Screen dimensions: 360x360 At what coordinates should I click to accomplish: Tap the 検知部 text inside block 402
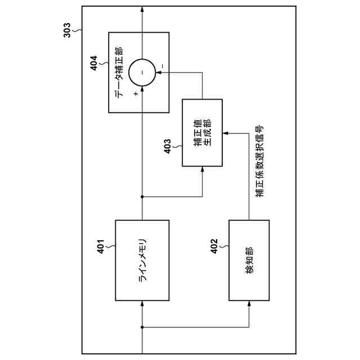[249, 260]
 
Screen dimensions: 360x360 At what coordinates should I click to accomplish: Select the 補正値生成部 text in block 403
[202, 133]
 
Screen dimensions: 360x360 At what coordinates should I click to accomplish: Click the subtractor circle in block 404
[142, 72]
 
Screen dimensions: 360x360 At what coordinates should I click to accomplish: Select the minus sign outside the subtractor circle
[162, 66]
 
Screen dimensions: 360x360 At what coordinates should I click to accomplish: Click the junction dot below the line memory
[142, 327]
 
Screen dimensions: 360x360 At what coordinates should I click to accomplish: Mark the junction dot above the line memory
[142, 196]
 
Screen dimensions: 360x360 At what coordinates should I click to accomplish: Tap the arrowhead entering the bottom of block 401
[142, 303]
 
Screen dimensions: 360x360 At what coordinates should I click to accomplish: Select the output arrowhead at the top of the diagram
[142, 10]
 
